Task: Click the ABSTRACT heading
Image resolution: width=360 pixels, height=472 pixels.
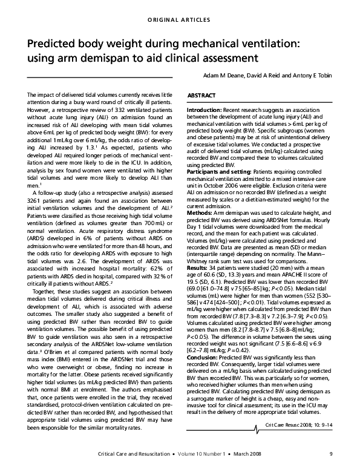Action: tap(201, 96)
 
